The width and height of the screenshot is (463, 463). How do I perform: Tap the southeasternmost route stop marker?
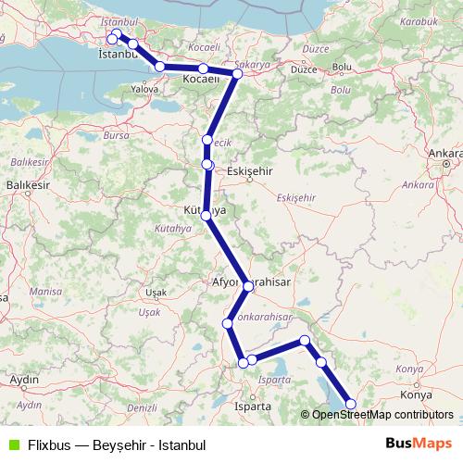(350, 402)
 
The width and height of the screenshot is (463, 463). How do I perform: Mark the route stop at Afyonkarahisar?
(248, 287)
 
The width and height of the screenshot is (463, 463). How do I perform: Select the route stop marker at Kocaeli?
(203, 69)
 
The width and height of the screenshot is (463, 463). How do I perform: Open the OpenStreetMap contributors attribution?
(382, 415)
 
